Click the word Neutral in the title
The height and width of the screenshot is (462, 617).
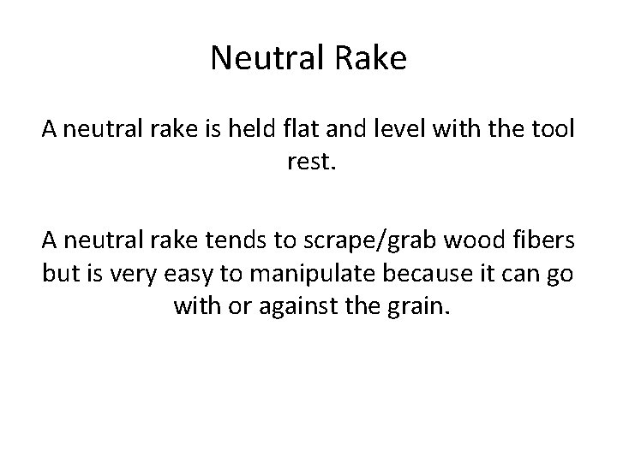261,59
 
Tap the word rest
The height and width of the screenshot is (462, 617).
308,159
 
